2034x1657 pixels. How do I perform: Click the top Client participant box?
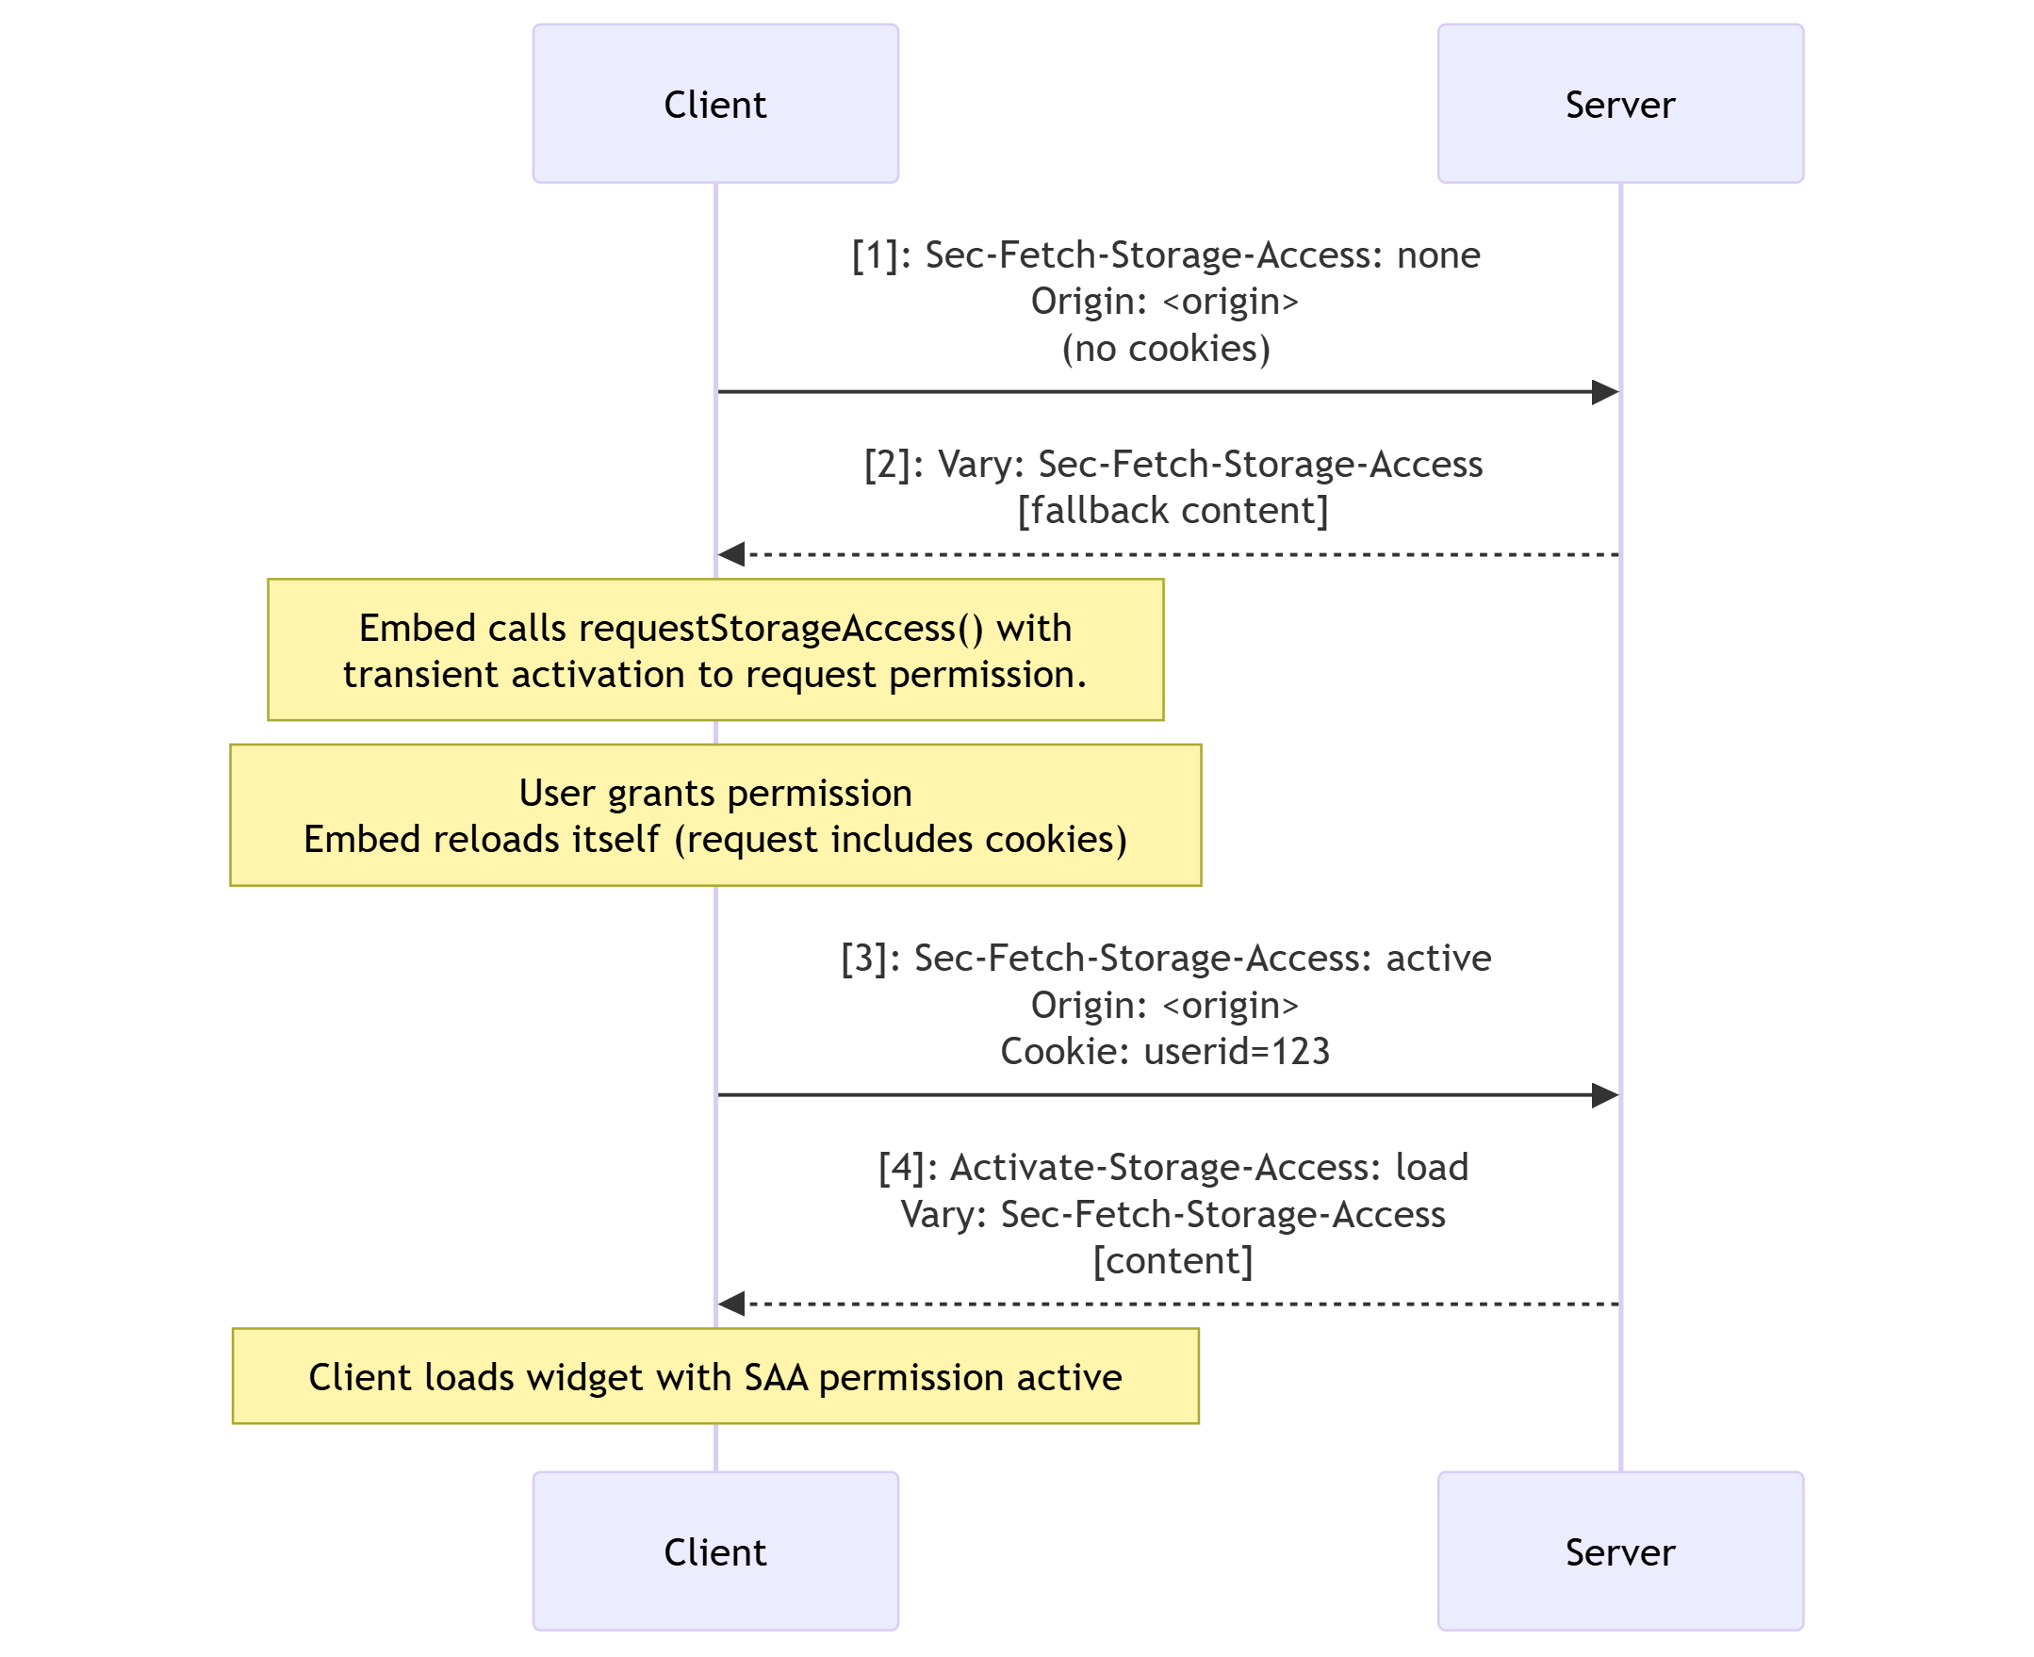click(714, 103)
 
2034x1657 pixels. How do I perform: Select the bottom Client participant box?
click(714, 1551)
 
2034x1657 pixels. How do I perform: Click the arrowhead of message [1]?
click(1604, 392)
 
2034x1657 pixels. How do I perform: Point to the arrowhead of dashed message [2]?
click(732, 554)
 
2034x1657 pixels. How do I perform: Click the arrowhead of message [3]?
click(1604, 1096)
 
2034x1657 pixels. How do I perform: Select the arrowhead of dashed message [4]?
click(732, 1304)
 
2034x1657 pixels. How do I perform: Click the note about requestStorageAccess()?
click(714, 650)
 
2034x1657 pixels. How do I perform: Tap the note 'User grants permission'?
click(714, 816)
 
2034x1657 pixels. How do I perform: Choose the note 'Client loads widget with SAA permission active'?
click(714, 1376)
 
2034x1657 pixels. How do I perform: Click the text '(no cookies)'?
click(1165, 349)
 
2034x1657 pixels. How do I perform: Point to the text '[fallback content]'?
click(1173, 511)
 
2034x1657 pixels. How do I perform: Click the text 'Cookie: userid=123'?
click(1164, 1051)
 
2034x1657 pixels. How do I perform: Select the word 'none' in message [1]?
click(1437, 254)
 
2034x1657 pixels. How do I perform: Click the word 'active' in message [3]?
click(1437, 958)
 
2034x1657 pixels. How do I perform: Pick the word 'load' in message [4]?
click(1431, 1166)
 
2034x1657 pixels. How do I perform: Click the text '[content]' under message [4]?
click(1173, 1260)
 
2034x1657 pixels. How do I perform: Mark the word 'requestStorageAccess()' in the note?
click(779, 628)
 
